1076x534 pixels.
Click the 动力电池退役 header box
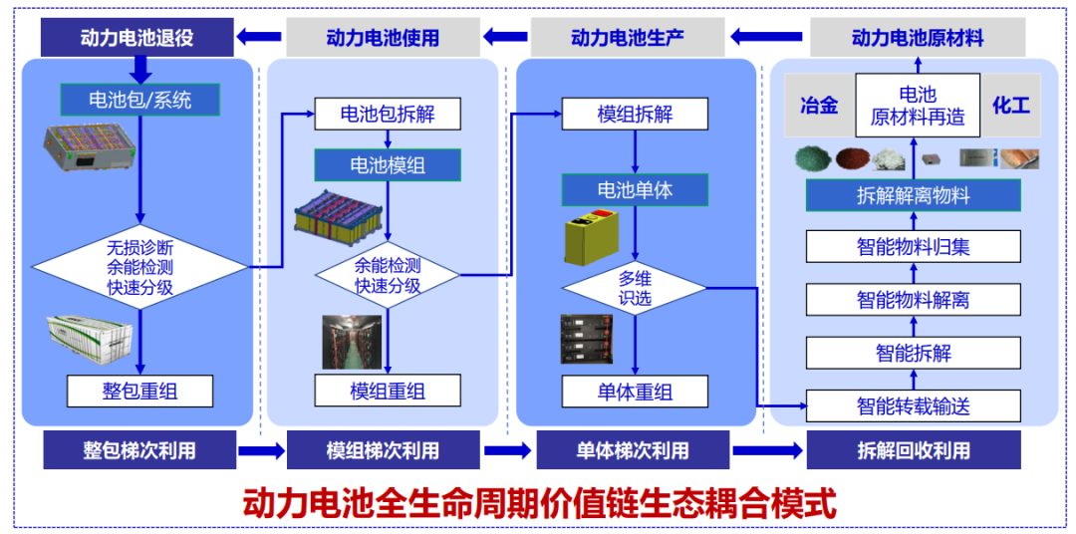(136, 38)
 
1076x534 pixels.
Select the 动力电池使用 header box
(383, 38)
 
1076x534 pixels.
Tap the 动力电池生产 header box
(628, 38)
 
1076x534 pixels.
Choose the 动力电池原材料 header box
(918, 38)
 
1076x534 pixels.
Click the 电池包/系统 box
(139, 100)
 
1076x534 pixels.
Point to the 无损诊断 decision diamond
(139, 266)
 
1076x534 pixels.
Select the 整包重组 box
(139, 390)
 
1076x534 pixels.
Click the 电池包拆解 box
(388, 114)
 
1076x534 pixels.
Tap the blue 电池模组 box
(388, 164)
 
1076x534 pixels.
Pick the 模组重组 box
(388, 391)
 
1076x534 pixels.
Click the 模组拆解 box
(635, 114)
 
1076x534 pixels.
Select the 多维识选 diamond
(635, 288)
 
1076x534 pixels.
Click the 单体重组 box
(635, 391)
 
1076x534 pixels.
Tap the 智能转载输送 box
(913, 405)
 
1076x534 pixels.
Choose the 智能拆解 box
(913, 353)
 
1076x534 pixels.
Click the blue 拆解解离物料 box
(913, 195)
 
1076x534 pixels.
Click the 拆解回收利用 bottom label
(913, 450)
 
